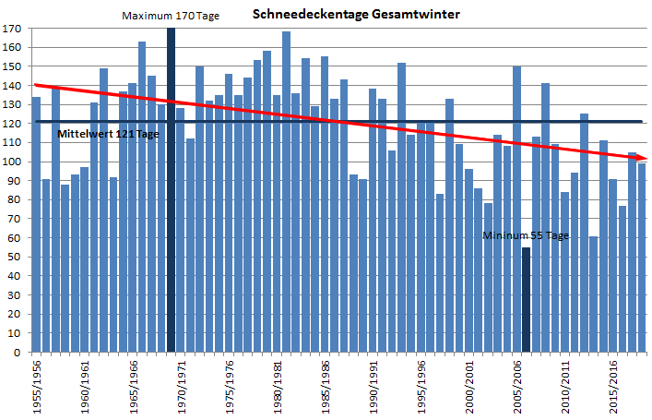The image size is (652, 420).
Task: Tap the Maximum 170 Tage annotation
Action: pos(171,16)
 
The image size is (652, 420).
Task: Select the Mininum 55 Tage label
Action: pos(526,235)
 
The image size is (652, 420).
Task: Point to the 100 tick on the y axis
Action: pos(12,162)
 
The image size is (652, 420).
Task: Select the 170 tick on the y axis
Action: pos(12,29)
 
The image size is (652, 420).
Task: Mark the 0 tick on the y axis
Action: pos(18,352)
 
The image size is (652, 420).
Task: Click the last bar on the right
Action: pos(642,258)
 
